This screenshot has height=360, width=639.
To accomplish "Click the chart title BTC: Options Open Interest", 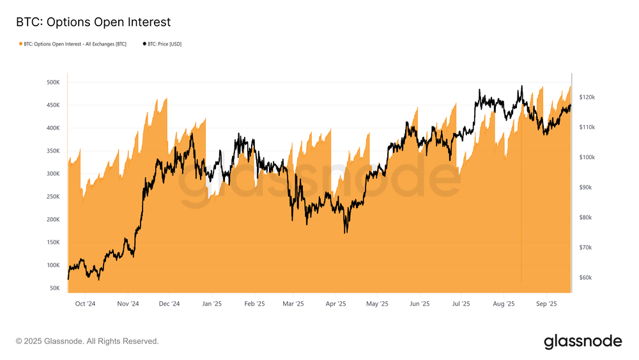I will coord(93,22).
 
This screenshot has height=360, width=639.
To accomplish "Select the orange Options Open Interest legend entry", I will coord(73,44).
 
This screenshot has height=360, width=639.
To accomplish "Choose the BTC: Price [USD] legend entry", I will coord(162,44).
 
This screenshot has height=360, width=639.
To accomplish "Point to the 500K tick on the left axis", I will coord(52,82).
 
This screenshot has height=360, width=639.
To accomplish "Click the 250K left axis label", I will coord(52,197).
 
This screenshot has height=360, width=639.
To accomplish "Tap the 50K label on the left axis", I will coord(54,288).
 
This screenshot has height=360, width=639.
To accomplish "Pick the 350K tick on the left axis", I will coord(52,151).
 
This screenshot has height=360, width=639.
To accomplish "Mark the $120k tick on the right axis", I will coord(587,97).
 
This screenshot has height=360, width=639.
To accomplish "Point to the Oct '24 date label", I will coord(84,304).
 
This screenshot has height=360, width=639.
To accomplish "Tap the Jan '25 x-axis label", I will coord(212,304).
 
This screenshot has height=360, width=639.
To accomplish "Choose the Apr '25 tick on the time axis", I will coord(335,304).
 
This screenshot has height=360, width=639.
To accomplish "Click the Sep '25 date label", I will coord(546,304).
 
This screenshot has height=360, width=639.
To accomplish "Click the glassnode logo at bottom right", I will coord(582,341).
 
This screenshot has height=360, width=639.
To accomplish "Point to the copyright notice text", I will coord(88,341).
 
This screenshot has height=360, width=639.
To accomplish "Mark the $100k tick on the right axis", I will coord(587,157).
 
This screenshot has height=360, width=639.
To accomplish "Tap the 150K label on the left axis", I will coord(52,242).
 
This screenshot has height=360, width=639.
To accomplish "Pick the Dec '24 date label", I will coord(169,304).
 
